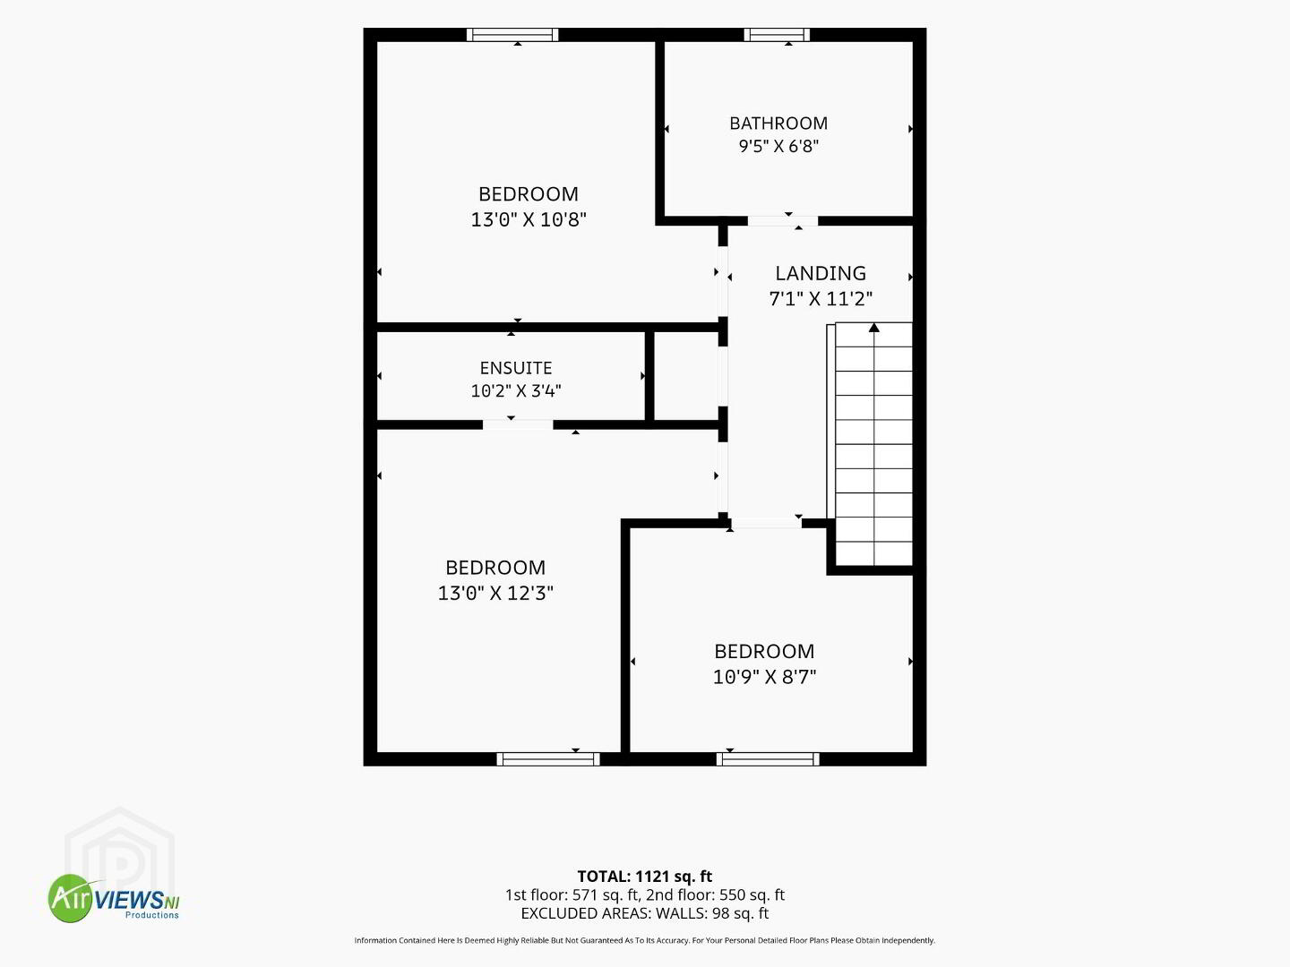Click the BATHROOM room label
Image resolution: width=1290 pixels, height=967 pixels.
(x=778, y=124)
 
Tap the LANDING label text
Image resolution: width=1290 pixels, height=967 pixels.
(x=821, y=273)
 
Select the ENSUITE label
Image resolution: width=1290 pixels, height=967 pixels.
(x=515, y=368)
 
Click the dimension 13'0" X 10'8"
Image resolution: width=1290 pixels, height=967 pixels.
(x=529, y=219)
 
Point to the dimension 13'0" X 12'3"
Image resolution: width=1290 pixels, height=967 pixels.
(x=495, y=593)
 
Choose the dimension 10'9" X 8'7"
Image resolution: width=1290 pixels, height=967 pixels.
(x=764, y=677)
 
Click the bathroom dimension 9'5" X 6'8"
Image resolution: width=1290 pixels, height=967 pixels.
(x=778, y=146)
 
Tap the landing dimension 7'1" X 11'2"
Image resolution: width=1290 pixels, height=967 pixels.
(x=821, y=299)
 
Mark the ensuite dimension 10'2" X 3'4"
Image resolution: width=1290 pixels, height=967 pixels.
(x=515, y=390)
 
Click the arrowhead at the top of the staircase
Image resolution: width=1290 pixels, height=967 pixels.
(x=874, y=327)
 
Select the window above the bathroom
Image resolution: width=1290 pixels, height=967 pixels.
(x=777, y=35)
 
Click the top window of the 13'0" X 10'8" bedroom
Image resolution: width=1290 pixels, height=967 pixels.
(x=512, y=35)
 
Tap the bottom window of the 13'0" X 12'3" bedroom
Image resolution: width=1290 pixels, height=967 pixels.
(x=547, y=759)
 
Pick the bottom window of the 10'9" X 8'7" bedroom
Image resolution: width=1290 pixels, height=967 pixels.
(x=768, y=759)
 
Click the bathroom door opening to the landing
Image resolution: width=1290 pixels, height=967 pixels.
(x=782, y=221)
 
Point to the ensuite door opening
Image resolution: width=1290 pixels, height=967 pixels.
(x=518, y=424)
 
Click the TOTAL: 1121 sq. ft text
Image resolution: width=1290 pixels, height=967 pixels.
(x=644, y=877)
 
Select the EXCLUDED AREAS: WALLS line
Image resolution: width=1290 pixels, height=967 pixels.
(x=644, y=913)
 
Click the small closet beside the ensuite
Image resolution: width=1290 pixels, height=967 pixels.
(x=686, y=376)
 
